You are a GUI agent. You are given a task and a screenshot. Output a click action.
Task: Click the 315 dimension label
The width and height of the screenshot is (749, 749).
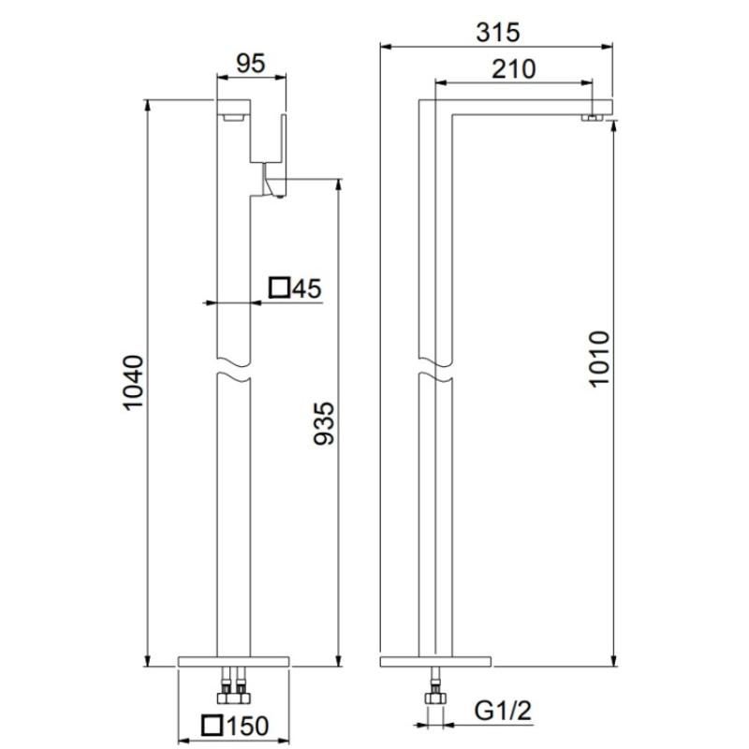pos(497,33)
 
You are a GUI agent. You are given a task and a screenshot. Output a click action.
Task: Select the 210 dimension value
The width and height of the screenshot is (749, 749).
pos(513,69)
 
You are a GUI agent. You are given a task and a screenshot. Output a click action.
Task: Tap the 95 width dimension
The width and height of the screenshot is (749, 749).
pos(251,64)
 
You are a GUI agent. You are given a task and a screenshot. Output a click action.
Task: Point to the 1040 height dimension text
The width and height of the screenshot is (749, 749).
pos(133,383)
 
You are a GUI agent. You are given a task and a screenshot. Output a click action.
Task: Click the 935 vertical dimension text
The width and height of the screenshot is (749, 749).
pos(323,423)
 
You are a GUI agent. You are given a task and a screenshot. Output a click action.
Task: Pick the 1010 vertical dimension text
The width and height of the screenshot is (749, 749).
pos(599,359)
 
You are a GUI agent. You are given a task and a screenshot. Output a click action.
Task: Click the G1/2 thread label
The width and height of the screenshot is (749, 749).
pos(503,711)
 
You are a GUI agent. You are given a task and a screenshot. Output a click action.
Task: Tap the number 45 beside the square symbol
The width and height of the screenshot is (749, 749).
pos(307,288)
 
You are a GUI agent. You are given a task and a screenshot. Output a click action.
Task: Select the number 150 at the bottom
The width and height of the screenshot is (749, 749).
pos(246,727)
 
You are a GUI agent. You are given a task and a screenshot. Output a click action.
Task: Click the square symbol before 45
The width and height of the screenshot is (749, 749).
pos(279,287)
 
